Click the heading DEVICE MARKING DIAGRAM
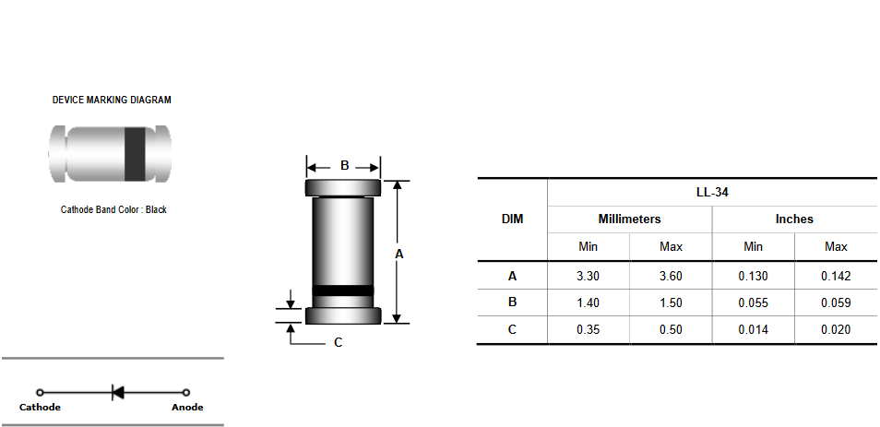[x=112, y=100]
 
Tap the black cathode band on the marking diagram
[x=134, y=154]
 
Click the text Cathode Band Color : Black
[x=114, y=209]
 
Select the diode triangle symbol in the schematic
[x=118, y=392]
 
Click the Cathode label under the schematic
[x=40, y=408]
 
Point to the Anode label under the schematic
[x=187, y=408]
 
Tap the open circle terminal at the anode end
[x=186, y=393]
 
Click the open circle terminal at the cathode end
[x=40, y=393]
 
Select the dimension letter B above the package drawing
[x=345, y=165]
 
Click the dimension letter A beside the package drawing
[x=399, y=255]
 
